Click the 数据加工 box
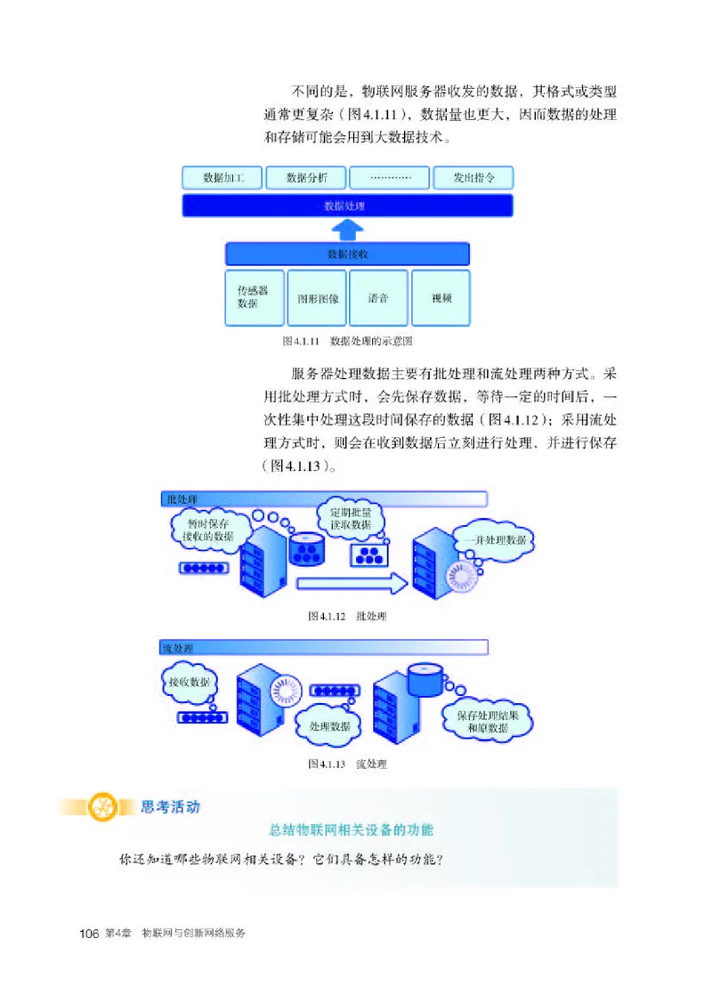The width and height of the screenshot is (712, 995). click(x=221, y=178)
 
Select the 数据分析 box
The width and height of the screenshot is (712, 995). click(x=305, y=178)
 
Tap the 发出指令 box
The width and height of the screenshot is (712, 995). click(x=473, y=178)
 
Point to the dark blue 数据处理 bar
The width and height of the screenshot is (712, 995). click(x=347, y=206)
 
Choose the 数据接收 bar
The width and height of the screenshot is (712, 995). click(x=347, y=255)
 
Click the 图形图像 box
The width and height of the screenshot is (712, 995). click(x=318, y=297)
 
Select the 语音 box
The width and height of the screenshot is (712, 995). click(x=378, y=297)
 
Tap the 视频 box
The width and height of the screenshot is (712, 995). click(x=441, y=297)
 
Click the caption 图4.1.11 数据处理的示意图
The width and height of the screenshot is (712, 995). click(x=346, y=341)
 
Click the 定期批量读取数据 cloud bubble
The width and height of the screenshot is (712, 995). click(x=350, y=519)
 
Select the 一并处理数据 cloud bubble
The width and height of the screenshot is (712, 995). click(x=494, y=540)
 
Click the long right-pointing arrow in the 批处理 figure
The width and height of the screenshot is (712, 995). click(x=352, y=583)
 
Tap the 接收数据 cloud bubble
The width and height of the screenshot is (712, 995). click(x=190, y=683)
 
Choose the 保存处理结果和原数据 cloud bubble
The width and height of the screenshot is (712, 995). click(x=488, y=721)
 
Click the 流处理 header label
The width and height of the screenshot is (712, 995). click(x=178, y=648)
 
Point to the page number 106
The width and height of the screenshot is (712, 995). click(x=88, y=934)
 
